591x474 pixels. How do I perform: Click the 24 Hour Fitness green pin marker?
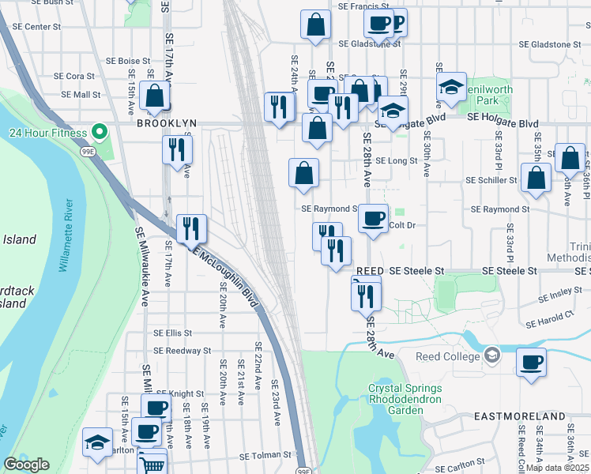coord(99,131)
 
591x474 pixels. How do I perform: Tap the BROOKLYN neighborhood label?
coord(165,124)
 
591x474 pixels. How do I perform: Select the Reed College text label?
coord(448,356)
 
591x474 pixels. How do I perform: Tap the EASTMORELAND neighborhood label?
coord(519,416)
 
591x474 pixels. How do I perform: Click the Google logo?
coord(26,465)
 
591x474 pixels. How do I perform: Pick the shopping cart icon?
coord(152,463)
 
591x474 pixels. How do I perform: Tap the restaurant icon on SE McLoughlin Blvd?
coord(191,228)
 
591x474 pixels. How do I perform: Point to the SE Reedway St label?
coord(183,350)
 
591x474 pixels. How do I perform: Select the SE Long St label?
coord(396,160)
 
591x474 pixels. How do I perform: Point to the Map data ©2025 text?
coord(558,467)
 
